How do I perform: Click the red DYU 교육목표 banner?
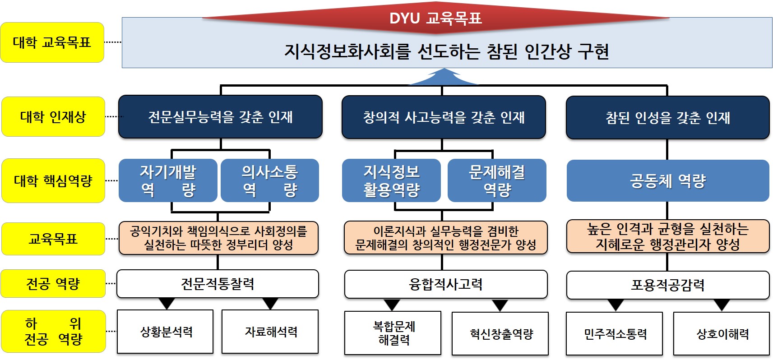coord(435,18)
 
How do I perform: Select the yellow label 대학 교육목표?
coord(52,42)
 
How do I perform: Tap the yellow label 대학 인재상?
coord(53,117)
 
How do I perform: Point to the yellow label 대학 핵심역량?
coord(53,181)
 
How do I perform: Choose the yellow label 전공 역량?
coord(53,284)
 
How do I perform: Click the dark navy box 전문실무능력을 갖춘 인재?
coord(220,117)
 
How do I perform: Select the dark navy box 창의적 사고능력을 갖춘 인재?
coord(444,117)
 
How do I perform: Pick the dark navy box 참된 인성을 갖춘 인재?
coord(667,118)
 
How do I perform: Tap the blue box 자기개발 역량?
coord(168,180)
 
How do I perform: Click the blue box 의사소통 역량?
coord(270,180)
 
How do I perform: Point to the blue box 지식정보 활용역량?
coord(391,180)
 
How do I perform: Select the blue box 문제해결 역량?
coord(497,180)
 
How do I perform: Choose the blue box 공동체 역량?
coord(668,181)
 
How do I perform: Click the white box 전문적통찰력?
coord(218,284)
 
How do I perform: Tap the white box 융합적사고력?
coord(446,284)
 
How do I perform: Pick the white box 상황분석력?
coord(165,332)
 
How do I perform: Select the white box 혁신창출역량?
coord(500,334)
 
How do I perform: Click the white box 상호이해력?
coord(721,334)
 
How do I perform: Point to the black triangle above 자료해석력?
coord(270,303)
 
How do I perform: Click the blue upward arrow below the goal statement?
coord(443,78)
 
